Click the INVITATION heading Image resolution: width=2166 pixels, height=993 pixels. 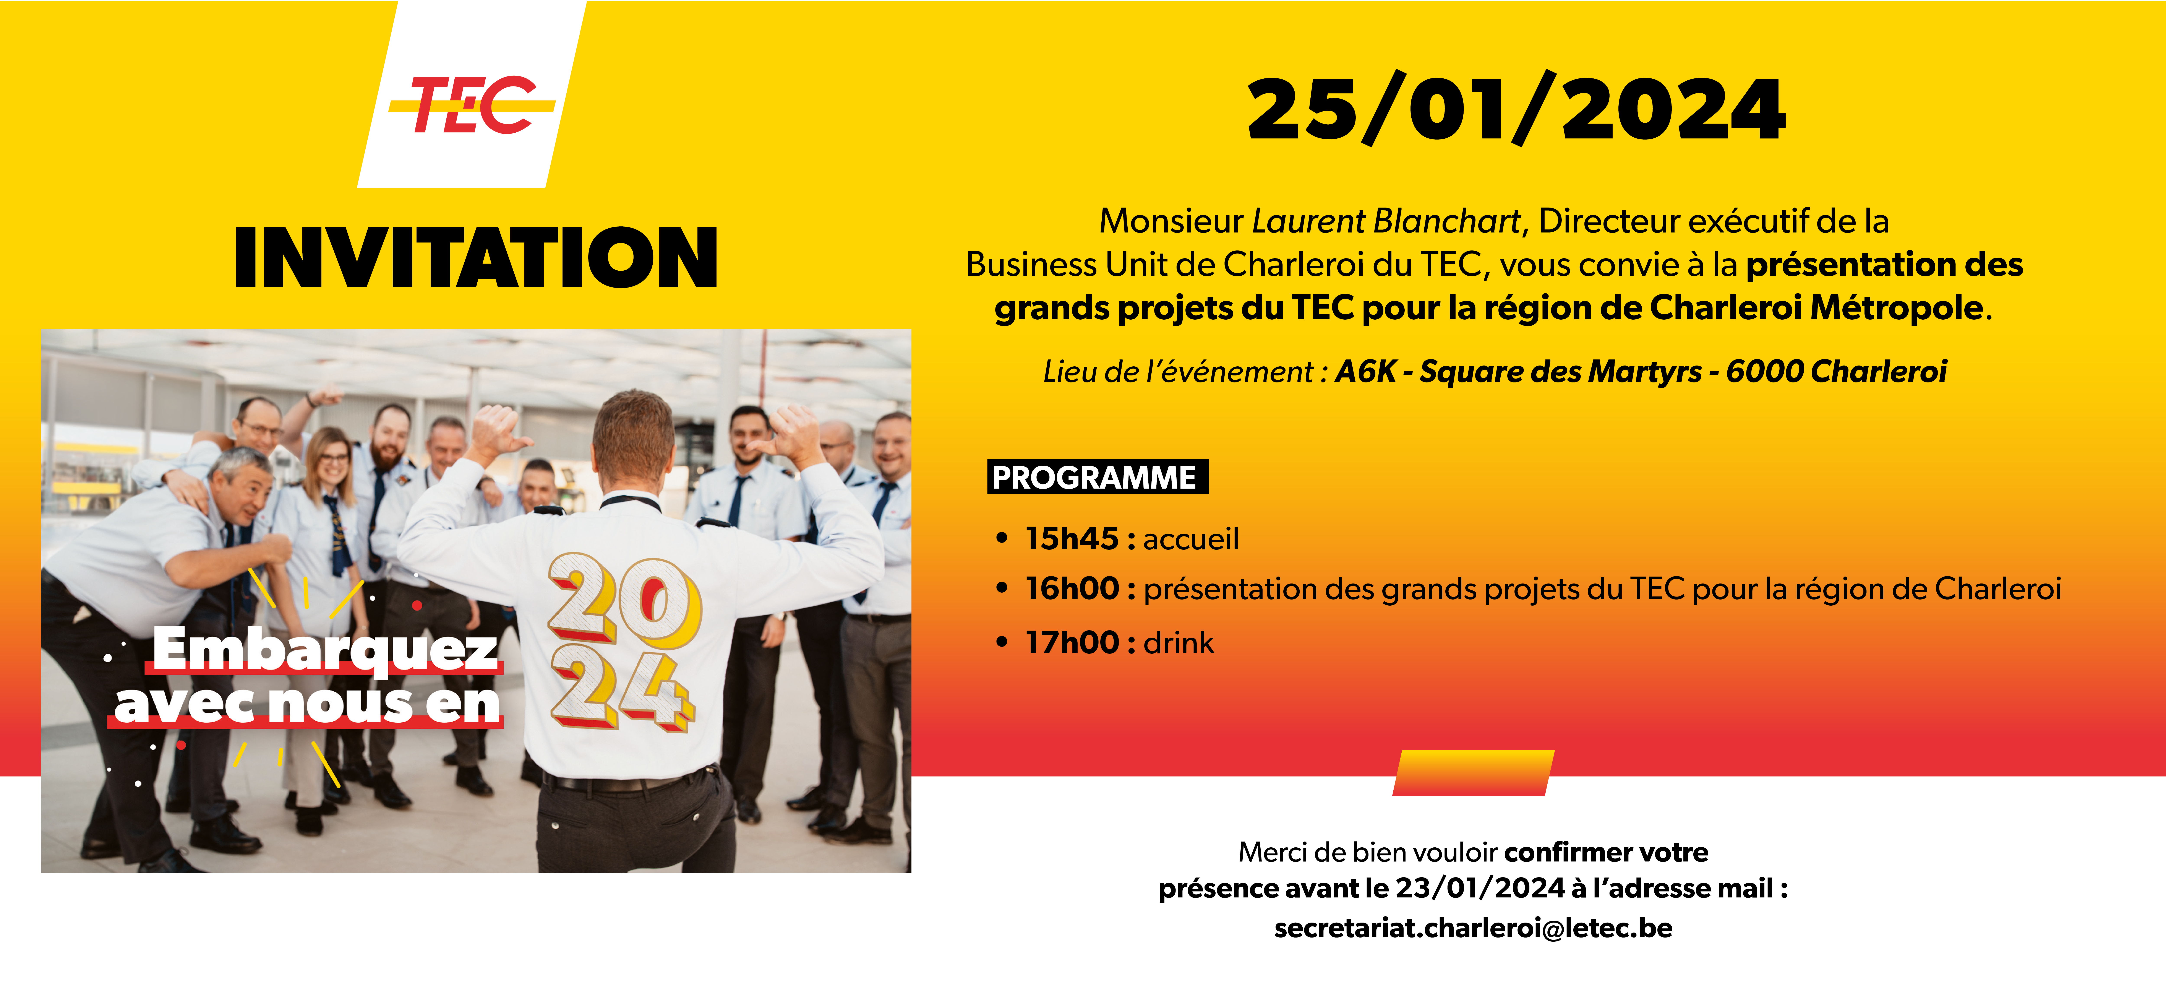click(476, 258)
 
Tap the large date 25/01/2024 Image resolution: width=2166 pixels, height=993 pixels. click(1516, 109)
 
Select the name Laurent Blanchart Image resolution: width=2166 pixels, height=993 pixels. click(1386, 221)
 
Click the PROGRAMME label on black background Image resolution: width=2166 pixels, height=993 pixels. click(1097, 477)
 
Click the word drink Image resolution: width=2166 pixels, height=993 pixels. click(1179, 642)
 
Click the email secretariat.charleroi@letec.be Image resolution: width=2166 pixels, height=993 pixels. click(1473, 928)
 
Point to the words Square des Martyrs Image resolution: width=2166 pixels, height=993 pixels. click(1561, 371)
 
